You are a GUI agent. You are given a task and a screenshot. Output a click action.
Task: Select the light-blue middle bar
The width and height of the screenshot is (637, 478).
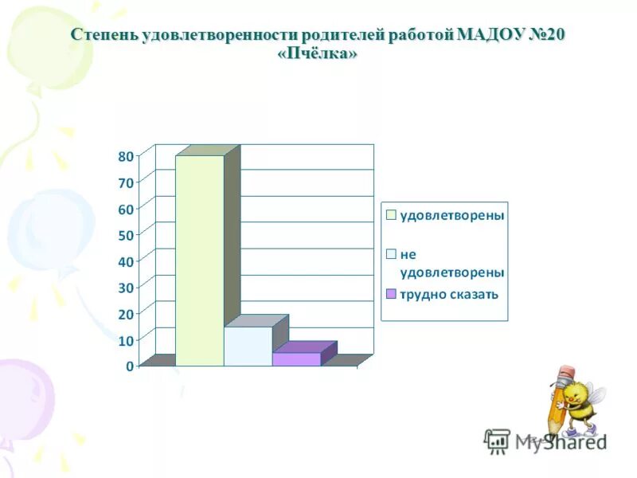tap(248, 347)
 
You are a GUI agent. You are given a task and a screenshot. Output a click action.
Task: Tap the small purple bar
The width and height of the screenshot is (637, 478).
tap(296, 359)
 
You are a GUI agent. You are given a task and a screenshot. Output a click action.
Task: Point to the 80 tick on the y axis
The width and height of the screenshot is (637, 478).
tap(126, 156)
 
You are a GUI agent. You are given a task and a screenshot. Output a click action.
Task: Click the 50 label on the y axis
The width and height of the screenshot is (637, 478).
tap(126, 235)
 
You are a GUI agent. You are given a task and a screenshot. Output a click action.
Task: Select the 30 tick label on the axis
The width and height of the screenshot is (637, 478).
tap(126, 288)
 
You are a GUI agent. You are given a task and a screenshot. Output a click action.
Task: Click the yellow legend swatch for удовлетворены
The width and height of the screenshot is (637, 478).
tap(391, 215)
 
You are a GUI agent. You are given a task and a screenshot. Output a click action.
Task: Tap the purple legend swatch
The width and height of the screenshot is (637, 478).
tap(391, 294)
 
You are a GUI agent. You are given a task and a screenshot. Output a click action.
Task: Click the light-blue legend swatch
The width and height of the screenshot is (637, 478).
tap(391, 255)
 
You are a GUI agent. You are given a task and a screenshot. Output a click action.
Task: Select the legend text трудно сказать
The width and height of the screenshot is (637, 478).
tap(449, 294)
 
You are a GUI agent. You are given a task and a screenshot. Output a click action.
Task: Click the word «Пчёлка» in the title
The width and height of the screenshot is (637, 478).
tap(318, 53)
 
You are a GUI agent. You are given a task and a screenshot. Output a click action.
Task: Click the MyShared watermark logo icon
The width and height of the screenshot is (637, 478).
tap(497, 441)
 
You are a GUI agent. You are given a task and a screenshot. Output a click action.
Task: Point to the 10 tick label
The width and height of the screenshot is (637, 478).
tap(126, 340)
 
